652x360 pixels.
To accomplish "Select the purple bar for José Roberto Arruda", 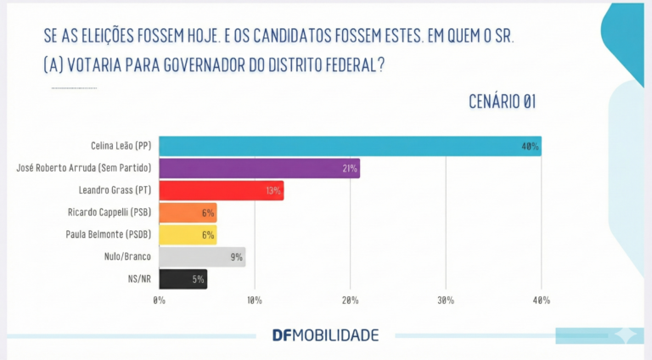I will (259, 168).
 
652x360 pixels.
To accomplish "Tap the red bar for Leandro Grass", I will (221, 190).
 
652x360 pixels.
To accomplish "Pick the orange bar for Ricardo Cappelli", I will (188, 212).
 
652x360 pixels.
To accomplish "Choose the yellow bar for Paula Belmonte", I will (188, 234).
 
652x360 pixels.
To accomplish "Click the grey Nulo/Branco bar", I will (202, 256).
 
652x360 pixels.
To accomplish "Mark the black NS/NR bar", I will (183, 278).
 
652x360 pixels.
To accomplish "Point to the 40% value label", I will (531, 147).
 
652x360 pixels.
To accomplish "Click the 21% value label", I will (349, 169).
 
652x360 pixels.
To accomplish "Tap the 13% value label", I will (273, 191).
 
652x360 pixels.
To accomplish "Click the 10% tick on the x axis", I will (255, 301).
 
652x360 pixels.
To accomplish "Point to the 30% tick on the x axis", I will (446, 301).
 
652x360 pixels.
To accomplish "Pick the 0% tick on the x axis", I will (160, 301).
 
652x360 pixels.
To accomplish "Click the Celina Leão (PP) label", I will (121, 146).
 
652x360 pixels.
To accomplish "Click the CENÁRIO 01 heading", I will (502, 102).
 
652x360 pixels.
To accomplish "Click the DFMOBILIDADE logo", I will (325, 335).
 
